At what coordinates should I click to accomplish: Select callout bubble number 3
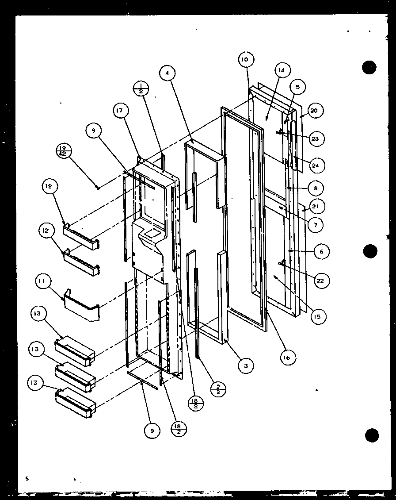click(246, 365)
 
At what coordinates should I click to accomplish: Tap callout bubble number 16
click(288, 358)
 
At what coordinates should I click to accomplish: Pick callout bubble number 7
click(316, 225)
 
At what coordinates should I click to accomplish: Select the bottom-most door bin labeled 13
click(75, 403)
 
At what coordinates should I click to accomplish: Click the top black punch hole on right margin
click(369, 67)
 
